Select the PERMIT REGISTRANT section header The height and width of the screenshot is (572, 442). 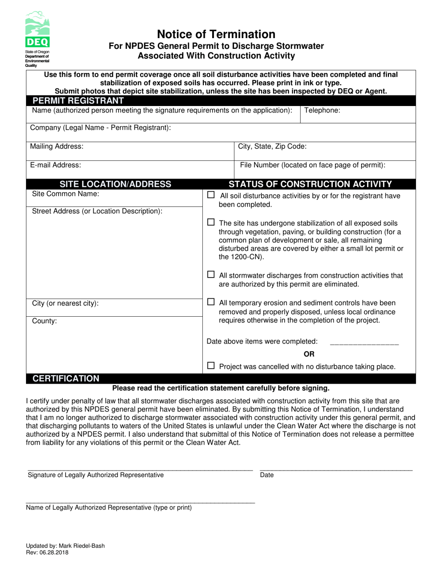[x=77, y=100]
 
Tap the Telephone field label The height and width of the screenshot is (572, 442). [x=322, y=111]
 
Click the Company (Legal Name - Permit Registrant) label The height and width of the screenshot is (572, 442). [x=100, y=127]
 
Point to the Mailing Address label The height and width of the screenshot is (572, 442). [x=57, y=146]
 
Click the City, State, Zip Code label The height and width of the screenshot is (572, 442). [x=272, y=146]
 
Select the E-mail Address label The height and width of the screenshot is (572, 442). [x=55, y=165]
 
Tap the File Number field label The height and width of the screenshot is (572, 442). [x=313, y=165]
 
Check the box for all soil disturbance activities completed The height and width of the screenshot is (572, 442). [x=211, y=195]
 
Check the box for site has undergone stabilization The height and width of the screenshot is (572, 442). [x=211, y=222]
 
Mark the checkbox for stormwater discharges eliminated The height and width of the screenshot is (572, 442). [x=211, y=275]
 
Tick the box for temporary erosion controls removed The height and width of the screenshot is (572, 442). [x=211, y=302]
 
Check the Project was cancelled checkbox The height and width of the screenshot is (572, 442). [x=211, y=366]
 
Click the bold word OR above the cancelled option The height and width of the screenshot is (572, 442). [x=309, y=354]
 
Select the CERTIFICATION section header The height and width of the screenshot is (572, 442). [x=66, y=379]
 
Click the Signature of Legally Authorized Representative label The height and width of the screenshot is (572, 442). [x=96, y=475]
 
